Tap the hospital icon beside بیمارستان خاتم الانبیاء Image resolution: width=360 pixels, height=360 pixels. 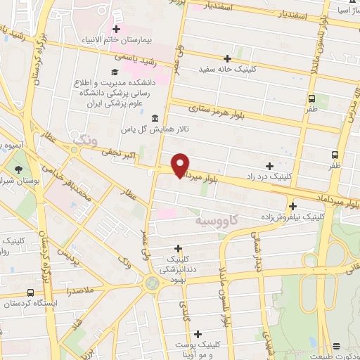[117, 30]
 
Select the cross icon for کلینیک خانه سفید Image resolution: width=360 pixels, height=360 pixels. [226, 58]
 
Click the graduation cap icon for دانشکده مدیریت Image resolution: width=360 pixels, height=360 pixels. [114, 72]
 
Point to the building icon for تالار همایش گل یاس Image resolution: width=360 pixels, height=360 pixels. [154, 118]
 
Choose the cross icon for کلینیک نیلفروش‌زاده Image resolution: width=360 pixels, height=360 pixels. [292, 206]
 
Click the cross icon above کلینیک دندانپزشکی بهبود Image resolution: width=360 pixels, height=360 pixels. [179, 247]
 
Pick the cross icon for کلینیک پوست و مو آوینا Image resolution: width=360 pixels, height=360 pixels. [198, 333]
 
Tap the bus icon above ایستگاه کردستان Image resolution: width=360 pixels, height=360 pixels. [30, 292]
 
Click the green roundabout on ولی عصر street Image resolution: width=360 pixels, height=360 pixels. [151, 283]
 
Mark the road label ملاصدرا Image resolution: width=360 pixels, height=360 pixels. [75, 289]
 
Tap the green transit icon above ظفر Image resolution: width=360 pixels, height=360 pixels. [312, 98]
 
